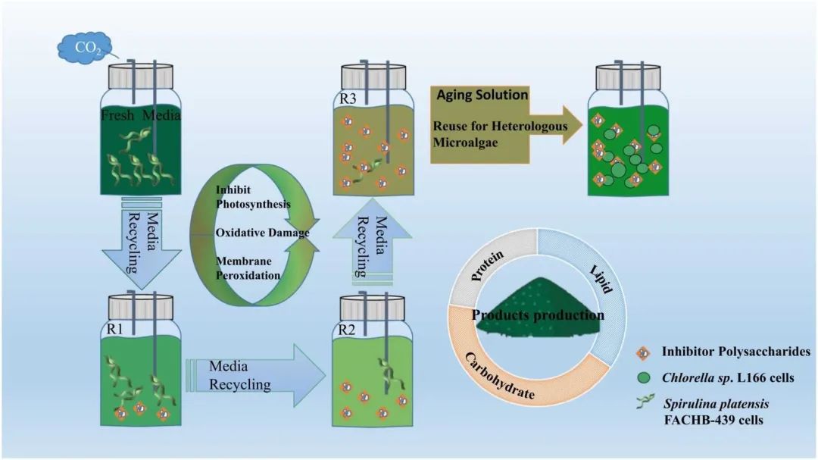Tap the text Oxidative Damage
(x=262, y=233)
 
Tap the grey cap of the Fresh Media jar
(x=141, y=77)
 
